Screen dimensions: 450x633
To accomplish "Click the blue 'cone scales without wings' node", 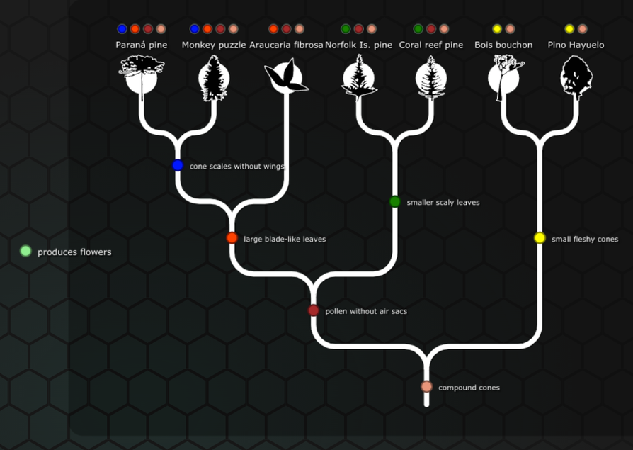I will (178, 165).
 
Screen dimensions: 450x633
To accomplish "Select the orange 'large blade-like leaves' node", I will (232, 238).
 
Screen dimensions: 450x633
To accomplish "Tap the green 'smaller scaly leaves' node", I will (395, 201).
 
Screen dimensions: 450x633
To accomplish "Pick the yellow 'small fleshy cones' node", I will (540, 238).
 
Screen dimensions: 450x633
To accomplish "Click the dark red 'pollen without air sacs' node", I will (314, 310).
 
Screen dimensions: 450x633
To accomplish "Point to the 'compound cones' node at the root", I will (426, 387).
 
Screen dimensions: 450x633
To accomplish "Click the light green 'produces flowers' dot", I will (26, 251).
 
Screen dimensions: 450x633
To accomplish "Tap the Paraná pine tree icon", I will (142, 77).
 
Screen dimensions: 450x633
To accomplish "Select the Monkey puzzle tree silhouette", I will (214, 77).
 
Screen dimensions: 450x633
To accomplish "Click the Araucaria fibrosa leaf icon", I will (286, 77).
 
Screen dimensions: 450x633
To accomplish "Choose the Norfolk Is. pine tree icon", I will (358, 77).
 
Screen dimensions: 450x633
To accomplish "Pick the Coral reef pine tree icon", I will (430, 77).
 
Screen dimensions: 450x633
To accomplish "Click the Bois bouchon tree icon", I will (503, 77).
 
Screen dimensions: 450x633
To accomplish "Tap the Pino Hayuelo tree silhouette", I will (576, 77).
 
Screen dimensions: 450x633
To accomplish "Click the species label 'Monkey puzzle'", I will (214, 45).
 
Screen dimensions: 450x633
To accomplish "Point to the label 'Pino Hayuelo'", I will (576, 45).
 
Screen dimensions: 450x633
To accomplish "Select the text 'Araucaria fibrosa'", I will (286, 45).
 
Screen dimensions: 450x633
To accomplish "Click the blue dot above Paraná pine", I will (122, 29).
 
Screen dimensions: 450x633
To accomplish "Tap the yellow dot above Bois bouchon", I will (497, 29).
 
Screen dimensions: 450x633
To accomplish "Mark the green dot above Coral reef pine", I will (418, 29).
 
